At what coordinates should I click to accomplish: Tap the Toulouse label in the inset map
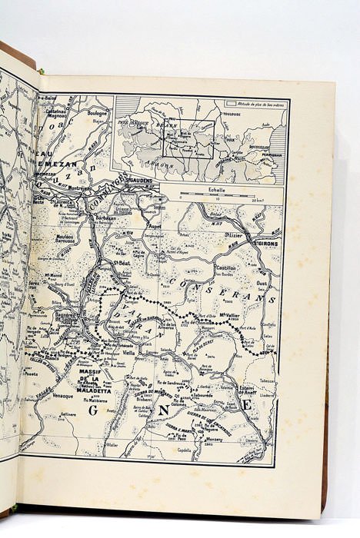[234, 114]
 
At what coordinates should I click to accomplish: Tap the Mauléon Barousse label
[67, 238]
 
